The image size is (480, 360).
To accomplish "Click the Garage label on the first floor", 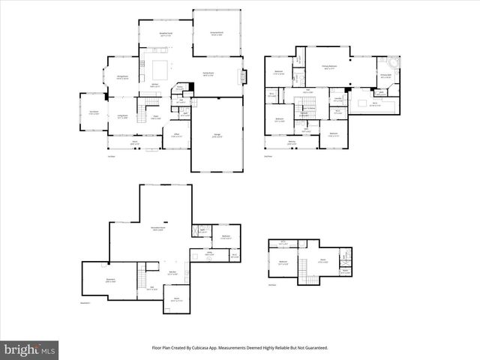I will [x=216, y=136].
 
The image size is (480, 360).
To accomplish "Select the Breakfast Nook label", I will [x=155, y=34].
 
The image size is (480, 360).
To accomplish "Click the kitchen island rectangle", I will [x=159, y=70].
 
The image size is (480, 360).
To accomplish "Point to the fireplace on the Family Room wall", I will [x=241, y=76].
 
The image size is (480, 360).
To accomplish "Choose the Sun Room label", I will [x=93, y=113].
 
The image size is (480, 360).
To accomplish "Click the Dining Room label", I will [x=123, y=77].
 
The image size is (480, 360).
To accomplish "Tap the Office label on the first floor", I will [x=177, y=135].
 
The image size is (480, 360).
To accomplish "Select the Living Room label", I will [x=121, y=116].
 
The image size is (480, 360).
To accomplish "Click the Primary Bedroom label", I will [x=329, y=67].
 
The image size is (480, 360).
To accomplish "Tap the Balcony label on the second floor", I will [x=292, y=142].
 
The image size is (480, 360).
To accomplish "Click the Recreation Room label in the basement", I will [x=158, y=229].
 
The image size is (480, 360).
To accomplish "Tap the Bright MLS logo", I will [x=30, y=349].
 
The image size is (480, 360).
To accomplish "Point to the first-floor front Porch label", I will [x=135, y=142].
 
